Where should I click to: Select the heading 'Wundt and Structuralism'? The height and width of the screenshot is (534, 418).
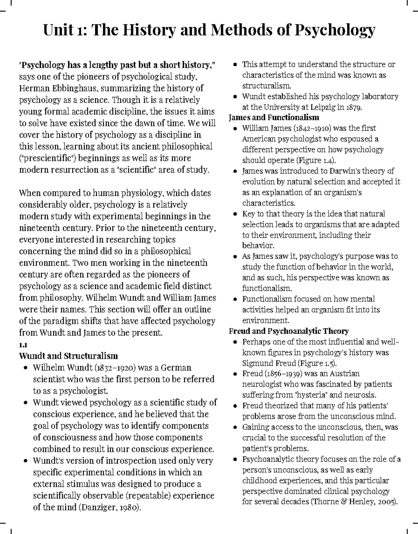click(68, 356)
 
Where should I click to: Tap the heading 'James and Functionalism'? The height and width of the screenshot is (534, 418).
click(274, 117)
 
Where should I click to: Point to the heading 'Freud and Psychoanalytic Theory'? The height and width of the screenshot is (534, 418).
click(289, 331)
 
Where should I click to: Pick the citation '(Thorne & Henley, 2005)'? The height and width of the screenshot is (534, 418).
click(354, 502)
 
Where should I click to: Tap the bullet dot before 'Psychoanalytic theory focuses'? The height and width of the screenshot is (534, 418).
click(235, 460)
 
